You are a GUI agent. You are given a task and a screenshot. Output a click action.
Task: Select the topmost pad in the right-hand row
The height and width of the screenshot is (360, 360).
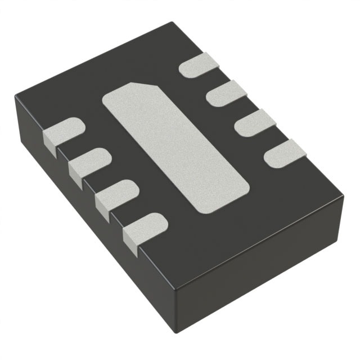coord(202,65)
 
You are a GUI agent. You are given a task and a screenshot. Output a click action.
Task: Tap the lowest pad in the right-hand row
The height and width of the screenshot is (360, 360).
coord(284,154)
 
